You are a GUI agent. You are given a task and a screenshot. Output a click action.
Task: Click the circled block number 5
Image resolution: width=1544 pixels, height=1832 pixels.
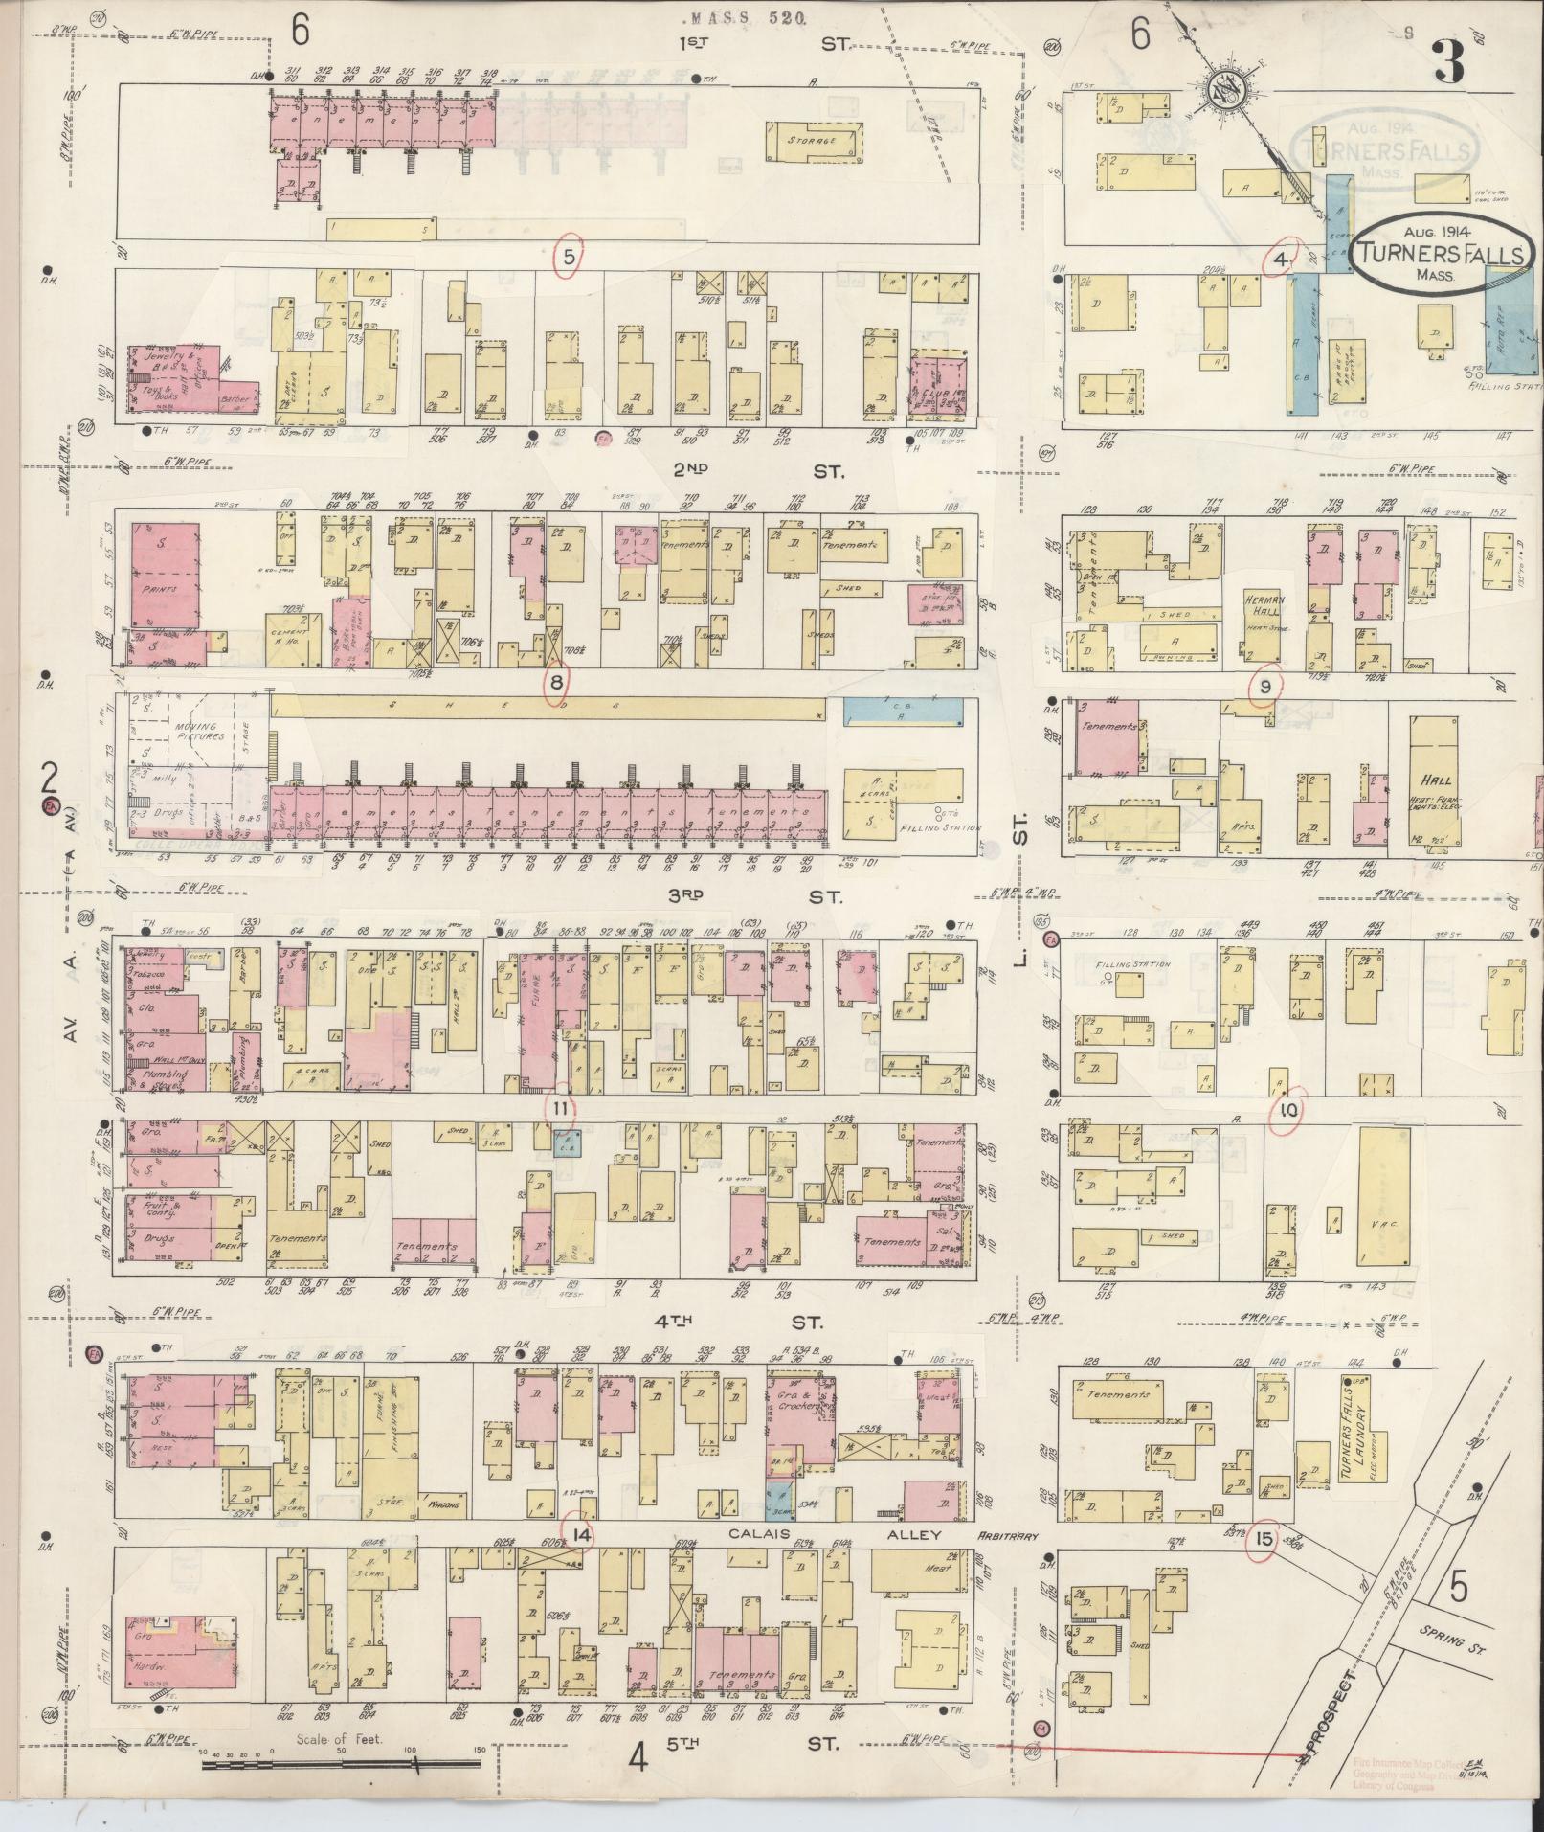pyautogui.click(x=569, y=257)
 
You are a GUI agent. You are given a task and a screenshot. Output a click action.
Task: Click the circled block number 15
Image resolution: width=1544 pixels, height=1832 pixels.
pyautogui.click(x=1263, y=1540)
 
